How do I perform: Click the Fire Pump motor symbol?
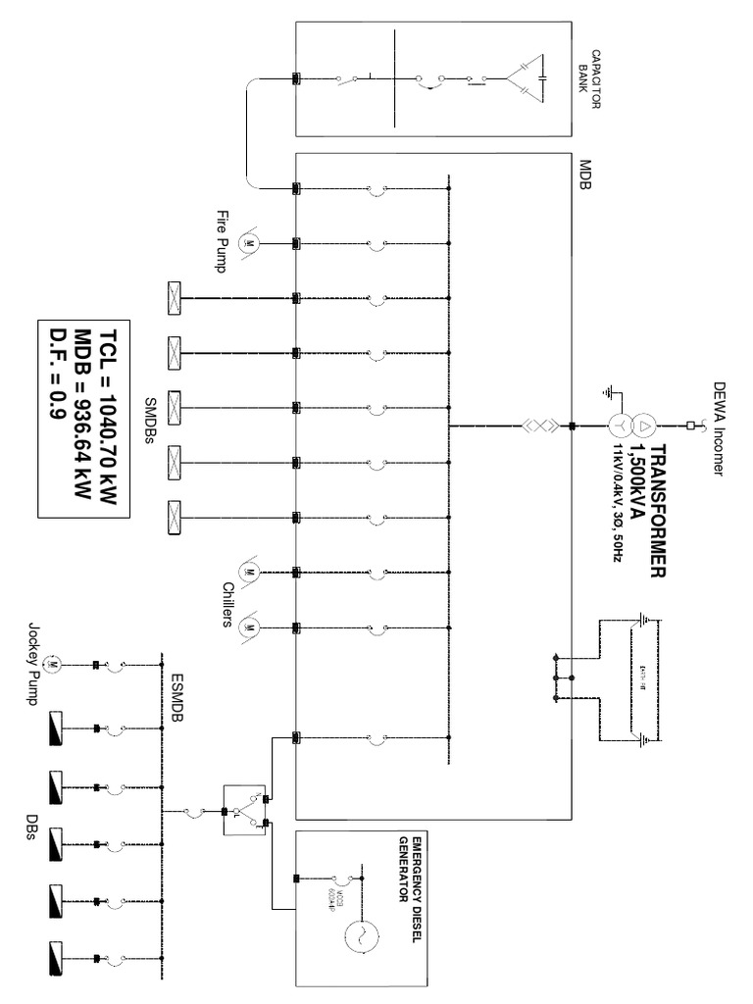tap(249, 242)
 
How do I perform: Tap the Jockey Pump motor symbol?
tap(55, 666)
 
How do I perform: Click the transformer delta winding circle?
tap(644, 426)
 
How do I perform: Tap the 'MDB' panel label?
tap(585, 175)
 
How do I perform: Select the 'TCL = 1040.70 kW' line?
tap(108, 417)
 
